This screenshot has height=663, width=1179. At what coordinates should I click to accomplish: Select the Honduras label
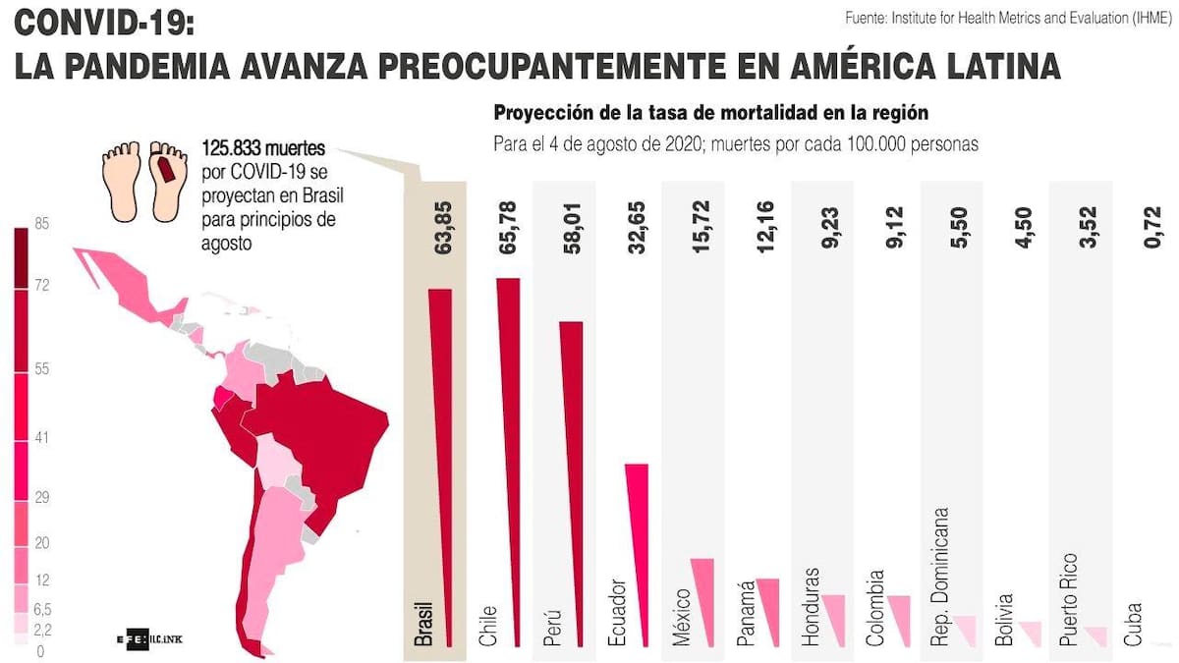click(x=811, y=606)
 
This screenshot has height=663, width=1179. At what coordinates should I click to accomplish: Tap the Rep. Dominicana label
click(x=940, y=577)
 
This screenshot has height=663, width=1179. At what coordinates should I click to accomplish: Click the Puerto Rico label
click(x=1070, y=599)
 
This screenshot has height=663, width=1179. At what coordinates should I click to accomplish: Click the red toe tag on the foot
click(x=166, y=175)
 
